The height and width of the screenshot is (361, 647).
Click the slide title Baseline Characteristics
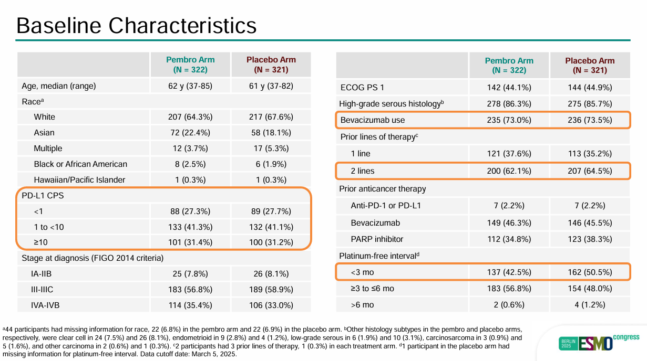pyautogui.click(x=137, y=25)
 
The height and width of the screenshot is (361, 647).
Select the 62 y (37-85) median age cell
pyautogui.click(x=190, y=86)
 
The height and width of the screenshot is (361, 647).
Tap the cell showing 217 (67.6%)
pyautogui.click(x=271, y=117)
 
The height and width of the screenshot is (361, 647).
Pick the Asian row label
pyautogui.click(x=44, y=133)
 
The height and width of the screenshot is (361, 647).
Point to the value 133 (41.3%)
pyautogui.click(x=190, y=227)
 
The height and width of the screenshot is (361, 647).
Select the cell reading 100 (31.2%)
pyautogui.click(x=271, y=243)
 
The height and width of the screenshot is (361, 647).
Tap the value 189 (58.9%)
pyautogui.click(x=271, y=290)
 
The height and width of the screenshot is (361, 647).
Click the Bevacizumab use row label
pyautogui.click(x=373, y=120)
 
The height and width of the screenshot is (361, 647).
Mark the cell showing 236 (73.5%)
pyautogui.click(x=590, y=120)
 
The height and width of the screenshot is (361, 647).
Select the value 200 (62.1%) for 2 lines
pyautogui.click(x=509, y=171)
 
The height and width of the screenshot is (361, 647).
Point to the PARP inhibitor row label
pyautogui.click(x=377, y=239)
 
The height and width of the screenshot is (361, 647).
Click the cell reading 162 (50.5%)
pyautogui.click(x=590, y=272)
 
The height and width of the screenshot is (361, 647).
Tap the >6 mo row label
pyautogui.click(x=363, y=305)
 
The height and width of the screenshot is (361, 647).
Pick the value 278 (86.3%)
pyautogui.click(x=509, y=104)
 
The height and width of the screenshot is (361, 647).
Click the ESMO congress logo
pyautogui.click(x=599, y=342)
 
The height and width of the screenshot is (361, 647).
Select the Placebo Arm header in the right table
pyautogui.click(x=590, y=66)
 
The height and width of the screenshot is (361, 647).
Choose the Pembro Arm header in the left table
pyautogui.click(x=190, y=64)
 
